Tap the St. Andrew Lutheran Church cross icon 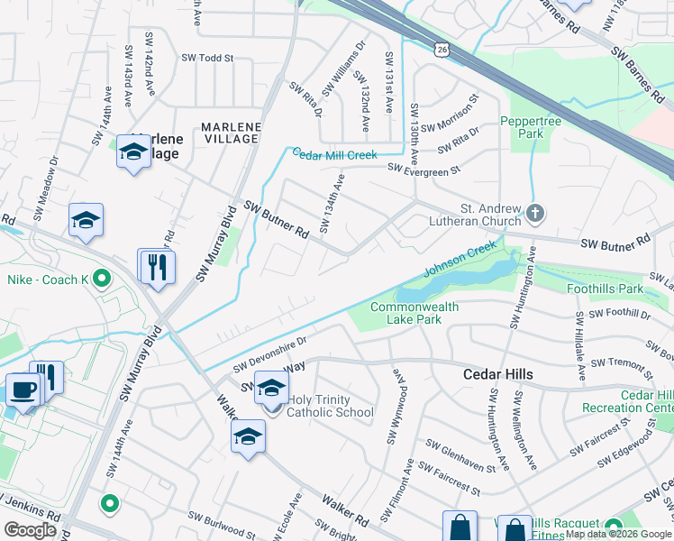pyautogui.click(x=535, y=214)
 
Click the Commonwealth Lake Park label pyautogui.click(x=414, y=313)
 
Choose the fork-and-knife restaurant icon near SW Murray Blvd pyautogui.click(x=157, y=267)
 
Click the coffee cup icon pyautogui.click(x=22, y=391)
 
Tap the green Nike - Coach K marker pyautogui.click(x=102, y=280)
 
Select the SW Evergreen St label pyautogui.click(x=424, y=168)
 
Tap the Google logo pyautogui.click(x=31, y=530)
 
